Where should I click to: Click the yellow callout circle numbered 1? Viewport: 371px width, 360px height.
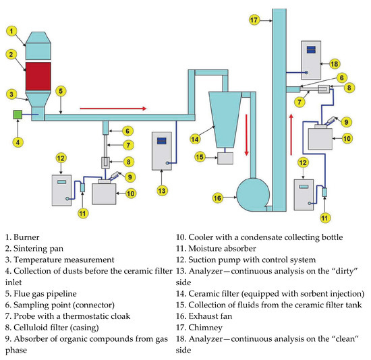11,30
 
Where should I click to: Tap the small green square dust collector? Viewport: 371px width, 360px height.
18,115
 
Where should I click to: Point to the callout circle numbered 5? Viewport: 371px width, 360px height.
60,90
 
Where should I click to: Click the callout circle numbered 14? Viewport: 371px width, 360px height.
195,139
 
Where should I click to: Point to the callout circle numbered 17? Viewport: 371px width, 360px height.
254,20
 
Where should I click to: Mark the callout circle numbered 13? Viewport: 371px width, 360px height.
162,190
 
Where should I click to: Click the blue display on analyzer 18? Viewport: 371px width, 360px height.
310,49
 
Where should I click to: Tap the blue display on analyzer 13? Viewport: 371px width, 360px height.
162,142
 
